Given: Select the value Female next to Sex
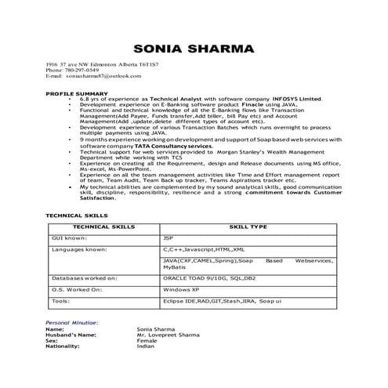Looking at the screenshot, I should click(x=147, y=341).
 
